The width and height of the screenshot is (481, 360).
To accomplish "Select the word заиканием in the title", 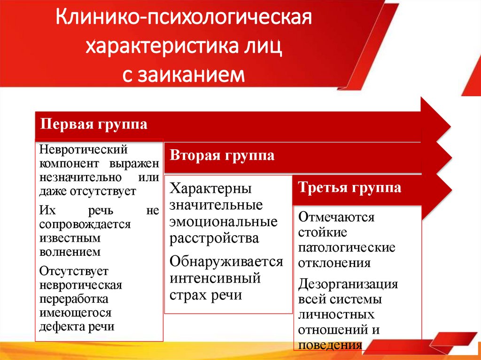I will [191, 74].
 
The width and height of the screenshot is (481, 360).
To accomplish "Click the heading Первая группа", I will [94, 125].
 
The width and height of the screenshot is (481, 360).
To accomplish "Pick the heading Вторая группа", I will [222, 155].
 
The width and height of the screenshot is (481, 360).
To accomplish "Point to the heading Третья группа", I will [350, 188].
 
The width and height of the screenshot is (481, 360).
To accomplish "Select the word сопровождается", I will [85, 224].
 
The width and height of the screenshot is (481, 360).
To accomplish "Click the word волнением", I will [70, 252].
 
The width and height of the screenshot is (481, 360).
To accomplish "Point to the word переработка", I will [74, 299].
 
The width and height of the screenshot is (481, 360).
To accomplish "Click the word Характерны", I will [211, 189].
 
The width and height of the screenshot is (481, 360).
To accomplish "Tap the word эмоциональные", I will [224, 221].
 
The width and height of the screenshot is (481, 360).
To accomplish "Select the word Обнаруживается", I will [226, 261].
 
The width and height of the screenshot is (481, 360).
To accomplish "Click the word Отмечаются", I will [336, 217].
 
